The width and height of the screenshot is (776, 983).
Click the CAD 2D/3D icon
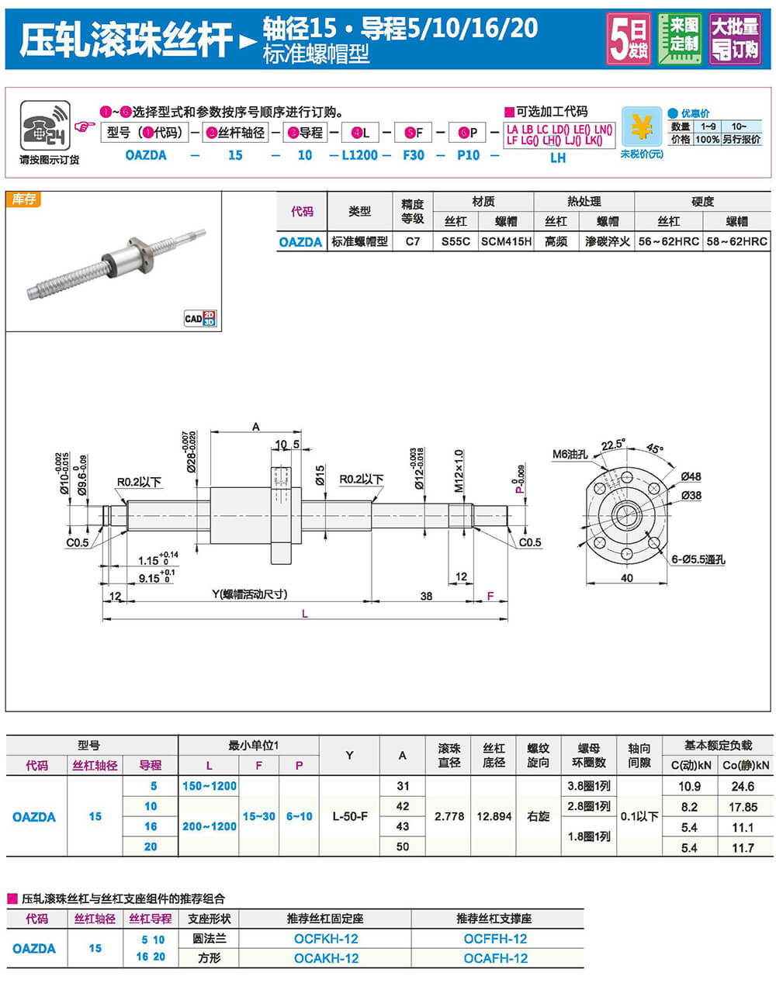199,318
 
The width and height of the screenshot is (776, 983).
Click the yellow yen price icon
642,127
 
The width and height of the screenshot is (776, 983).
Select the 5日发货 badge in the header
629,39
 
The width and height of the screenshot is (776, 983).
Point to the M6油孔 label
570,455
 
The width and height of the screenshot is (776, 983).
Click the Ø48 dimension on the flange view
691,476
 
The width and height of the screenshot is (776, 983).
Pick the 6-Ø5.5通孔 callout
698,559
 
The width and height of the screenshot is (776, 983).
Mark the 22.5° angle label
613,445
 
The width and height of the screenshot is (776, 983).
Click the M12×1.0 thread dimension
459,471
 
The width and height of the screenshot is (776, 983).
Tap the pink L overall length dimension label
305,614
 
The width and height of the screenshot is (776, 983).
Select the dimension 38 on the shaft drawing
426,597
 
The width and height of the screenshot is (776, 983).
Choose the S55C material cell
456,241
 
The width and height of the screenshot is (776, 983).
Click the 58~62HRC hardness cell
736,241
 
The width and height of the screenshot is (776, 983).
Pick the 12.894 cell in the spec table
494,816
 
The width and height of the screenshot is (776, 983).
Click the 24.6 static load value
743,786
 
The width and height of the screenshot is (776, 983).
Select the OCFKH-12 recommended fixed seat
326,939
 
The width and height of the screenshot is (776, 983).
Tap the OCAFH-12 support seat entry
495,958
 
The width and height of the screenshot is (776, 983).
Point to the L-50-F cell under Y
349,816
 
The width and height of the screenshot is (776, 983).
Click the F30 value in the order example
414,155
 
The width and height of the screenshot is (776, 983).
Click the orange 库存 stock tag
24,199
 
